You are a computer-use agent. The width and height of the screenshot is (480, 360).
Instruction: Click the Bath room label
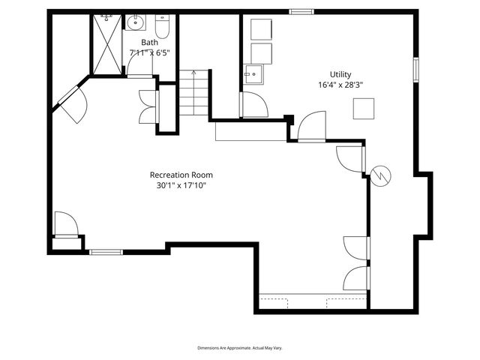(150, 42)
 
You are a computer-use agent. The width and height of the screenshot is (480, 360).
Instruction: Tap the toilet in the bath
(162, 26)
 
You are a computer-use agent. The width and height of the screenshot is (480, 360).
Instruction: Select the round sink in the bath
(135, 22)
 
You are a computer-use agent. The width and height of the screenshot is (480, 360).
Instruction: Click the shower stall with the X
(107, 44)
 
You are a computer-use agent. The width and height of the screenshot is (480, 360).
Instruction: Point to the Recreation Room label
(181, 175)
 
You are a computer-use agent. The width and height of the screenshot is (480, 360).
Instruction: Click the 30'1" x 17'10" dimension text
(181, 185)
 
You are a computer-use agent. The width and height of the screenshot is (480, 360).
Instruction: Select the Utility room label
(340, 74)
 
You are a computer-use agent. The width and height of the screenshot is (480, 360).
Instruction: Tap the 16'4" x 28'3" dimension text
(340, 85)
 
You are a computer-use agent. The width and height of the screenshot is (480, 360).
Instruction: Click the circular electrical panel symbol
(380, 175)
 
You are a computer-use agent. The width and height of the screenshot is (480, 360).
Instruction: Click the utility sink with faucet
(253, 74)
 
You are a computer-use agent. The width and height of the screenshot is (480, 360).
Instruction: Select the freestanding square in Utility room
(364, 108)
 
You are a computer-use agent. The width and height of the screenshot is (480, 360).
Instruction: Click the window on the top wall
(301, 12)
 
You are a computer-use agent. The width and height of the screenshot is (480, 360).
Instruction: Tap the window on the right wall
(416, 70)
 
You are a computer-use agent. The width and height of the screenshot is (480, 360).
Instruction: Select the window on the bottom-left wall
(106, 252)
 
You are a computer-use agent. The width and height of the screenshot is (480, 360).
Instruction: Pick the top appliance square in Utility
(261, 29)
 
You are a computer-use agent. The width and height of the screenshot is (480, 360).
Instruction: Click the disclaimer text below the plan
(240, 348)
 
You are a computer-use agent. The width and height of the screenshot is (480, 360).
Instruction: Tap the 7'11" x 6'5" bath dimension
(150, 52)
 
